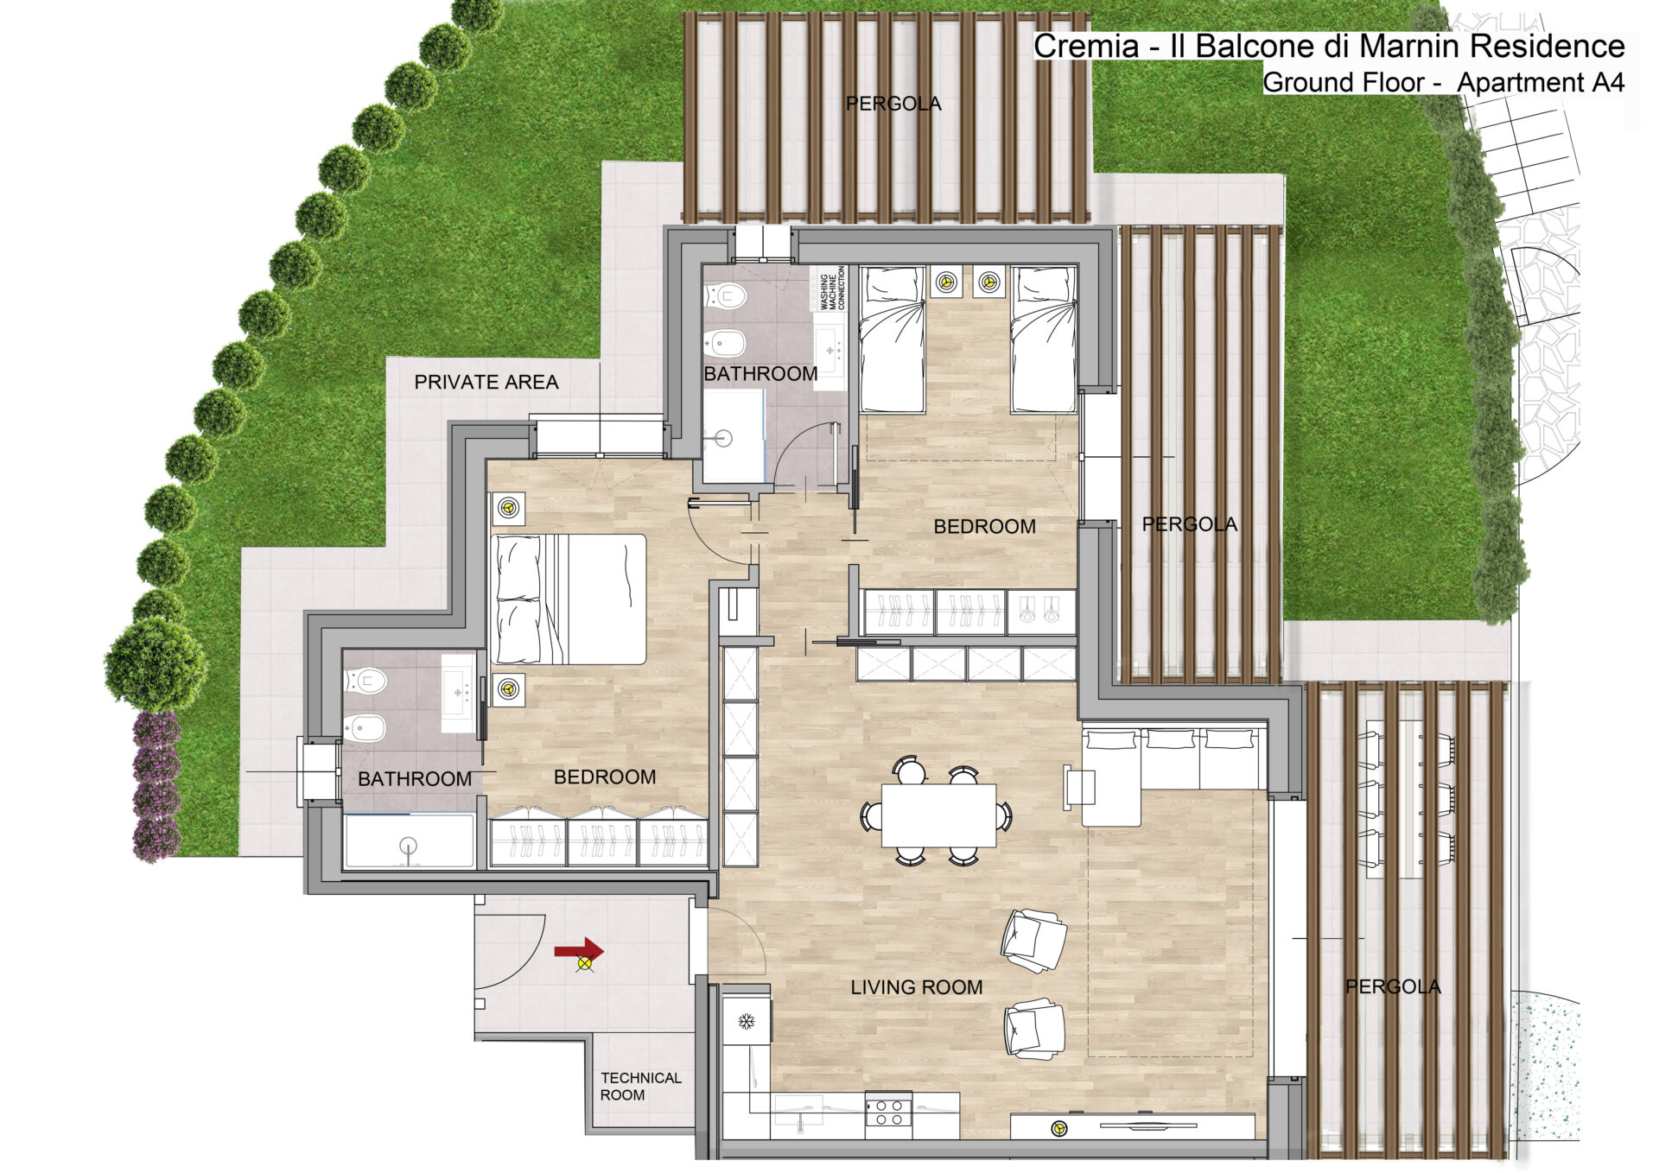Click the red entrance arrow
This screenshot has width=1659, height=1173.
point(579,950)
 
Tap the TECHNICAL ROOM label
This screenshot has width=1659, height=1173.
point(641,1087)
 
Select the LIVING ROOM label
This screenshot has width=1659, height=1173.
point(917,987)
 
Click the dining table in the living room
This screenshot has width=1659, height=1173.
point(938,815)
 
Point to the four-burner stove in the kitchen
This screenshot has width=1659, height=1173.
point(888,1113)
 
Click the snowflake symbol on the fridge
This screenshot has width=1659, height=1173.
point(747,1023)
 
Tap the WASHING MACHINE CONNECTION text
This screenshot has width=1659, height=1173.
point(831,288)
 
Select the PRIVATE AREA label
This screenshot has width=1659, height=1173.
point(486,382)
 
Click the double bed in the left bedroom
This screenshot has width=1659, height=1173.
point(569,599)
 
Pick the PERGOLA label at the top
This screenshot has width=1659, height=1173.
point(893,104)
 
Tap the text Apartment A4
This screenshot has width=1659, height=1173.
point(1541,83)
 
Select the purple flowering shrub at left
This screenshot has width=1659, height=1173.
point(156,785)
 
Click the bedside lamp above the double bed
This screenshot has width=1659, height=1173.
point(508,509)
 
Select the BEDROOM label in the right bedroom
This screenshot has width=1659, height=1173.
point(985,527)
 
